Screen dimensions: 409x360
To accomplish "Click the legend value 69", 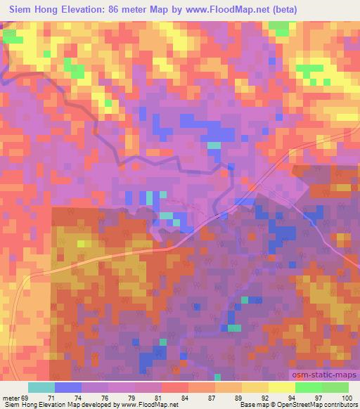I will (x=25, y=398).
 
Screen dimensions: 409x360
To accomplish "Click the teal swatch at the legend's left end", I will (x=41, y=387).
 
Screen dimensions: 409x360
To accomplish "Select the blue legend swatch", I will (x=68, y=387).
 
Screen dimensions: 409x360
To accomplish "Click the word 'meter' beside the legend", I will (x=10, y=398).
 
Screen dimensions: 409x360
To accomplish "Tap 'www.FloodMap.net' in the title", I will (x=233, y=10).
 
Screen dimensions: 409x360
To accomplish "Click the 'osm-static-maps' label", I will (x=324, y=377).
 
